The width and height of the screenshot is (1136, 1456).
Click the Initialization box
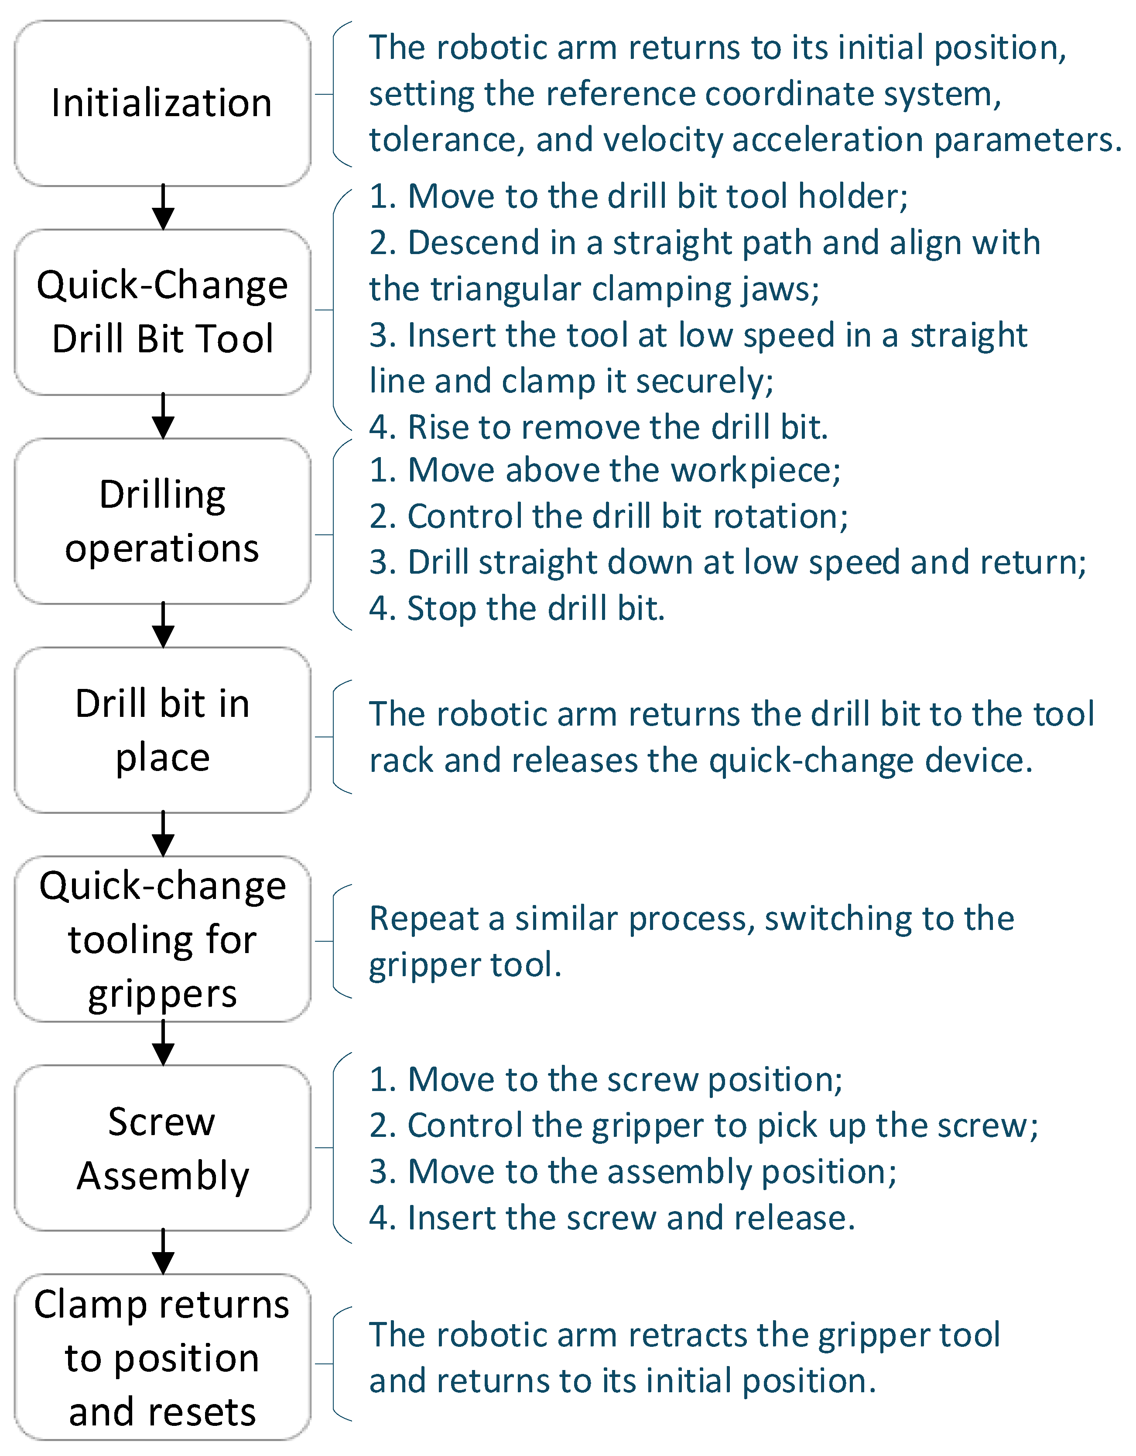[x=163, y=103]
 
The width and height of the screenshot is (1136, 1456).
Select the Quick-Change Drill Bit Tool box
[x=163, y=312]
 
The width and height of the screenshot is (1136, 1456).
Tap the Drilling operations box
[x=163, y=521]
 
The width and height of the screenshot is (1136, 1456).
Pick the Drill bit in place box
[x=163, y=730]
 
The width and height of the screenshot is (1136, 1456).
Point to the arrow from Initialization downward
[x=163, y=207]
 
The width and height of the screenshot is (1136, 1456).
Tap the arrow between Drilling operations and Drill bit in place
[x=163, y=625]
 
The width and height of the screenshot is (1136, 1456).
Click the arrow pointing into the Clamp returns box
[x=163, y=1252]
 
